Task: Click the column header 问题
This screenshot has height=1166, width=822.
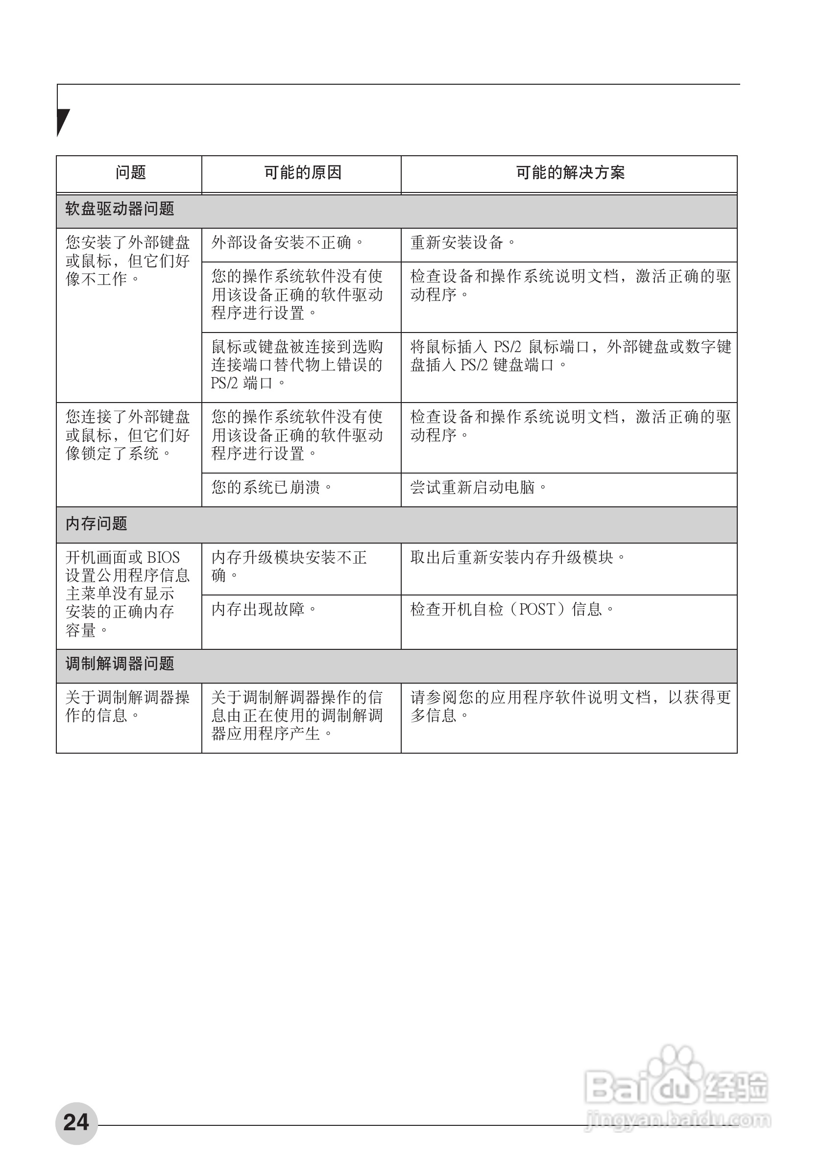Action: coord(131,173)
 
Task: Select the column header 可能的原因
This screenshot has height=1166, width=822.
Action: coord(302,173)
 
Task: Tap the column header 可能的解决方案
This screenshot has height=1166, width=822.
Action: coord(570,173)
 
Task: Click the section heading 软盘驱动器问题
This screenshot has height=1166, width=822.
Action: coord(120,209)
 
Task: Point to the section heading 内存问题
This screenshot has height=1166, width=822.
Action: coord(97,524)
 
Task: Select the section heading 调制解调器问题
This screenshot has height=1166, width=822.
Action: coord(120,664)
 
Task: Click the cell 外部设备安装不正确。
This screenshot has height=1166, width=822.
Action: coord(288,243)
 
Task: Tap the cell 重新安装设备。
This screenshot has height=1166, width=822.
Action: coord(463,243)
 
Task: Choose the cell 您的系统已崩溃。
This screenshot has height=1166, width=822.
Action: coord(272,488)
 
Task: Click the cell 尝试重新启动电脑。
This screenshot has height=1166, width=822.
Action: coord(479,488)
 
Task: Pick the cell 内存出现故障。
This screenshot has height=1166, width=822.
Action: coord(264,609)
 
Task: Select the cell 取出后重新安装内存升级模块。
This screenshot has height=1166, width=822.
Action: coord(518,558)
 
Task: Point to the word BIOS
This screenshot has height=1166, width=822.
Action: coord(163,558)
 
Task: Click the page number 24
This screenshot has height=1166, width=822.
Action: coord(76,1123)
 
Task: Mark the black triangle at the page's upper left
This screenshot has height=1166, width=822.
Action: coord(62,121)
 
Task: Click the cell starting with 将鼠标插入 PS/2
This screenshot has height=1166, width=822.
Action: coord(570,356)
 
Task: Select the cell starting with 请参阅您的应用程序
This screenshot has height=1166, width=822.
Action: coord(570,706)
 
